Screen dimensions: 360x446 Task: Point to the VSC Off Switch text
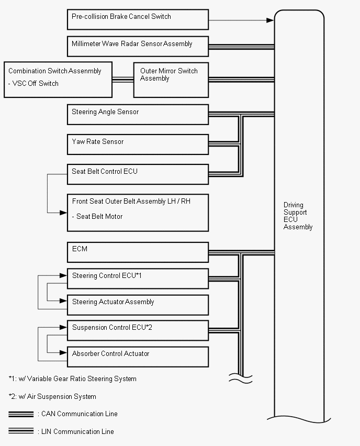[33, 83]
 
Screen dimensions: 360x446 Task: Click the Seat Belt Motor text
[97, 217]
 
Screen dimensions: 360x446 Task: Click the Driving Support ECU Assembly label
[298, 216]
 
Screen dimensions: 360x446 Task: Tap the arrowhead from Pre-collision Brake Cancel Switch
[270, 20]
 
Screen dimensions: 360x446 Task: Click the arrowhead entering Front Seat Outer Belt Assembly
[63, 213]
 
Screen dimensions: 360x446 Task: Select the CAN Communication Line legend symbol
[21, 414]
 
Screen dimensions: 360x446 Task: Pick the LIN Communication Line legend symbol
[21, 431]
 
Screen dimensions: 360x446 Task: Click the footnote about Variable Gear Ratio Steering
[73, 379]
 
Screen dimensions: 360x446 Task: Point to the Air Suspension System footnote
[52, 396]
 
